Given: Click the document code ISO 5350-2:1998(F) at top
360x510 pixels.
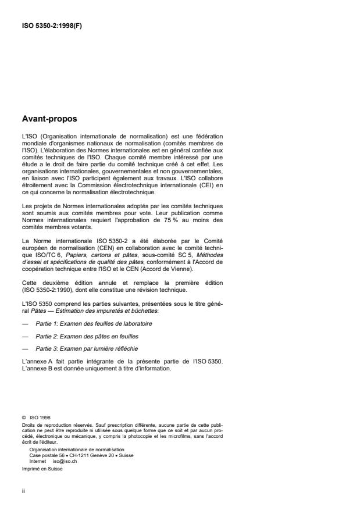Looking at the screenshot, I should point(52,24).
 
